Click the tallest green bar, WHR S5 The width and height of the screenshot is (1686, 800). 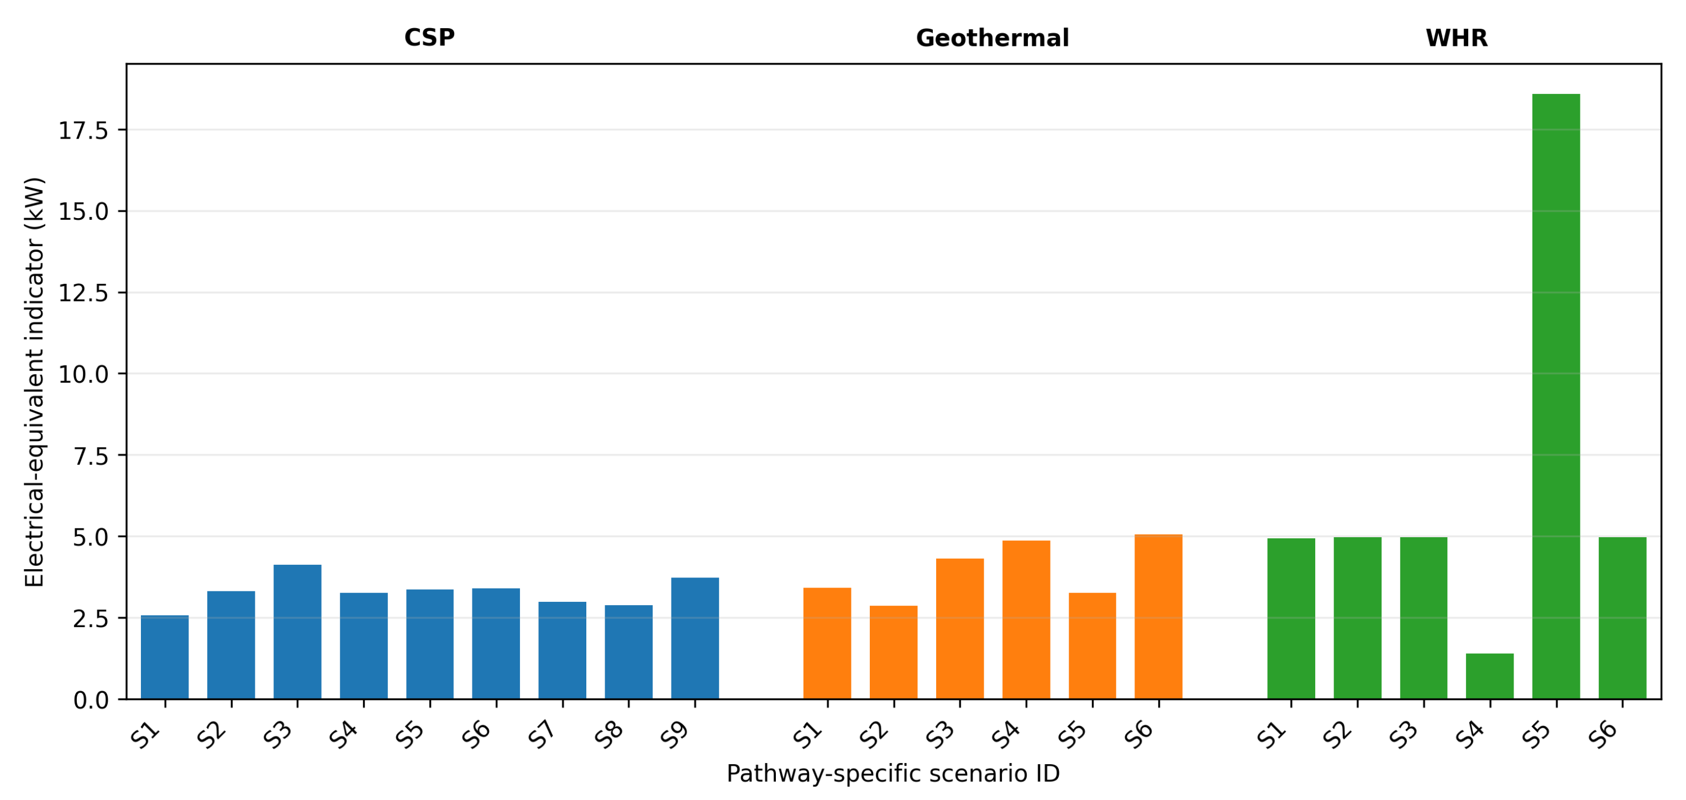1556,396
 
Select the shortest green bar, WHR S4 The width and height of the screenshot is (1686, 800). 1490,676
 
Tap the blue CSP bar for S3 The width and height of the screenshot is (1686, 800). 297,632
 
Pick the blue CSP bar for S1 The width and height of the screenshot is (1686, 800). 165,658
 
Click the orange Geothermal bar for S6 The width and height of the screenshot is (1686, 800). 1158,617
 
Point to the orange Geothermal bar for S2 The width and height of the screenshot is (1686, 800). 894,652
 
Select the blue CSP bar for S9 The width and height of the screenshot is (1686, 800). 695,638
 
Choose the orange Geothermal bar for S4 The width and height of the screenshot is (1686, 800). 1026,620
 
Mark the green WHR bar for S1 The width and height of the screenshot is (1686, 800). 1291,619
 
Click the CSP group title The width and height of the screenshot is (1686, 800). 429,38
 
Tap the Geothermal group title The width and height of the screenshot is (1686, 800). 992,38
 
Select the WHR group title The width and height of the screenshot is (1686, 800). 1457,38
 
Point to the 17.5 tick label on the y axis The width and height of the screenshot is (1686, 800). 84,131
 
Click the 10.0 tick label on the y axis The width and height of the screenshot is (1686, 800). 84,375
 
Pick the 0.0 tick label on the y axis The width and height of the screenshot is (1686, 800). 91,701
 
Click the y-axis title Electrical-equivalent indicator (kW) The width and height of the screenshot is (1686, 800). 34,382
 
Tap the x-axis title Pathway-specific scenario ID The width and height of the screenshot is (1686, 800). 894,774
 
